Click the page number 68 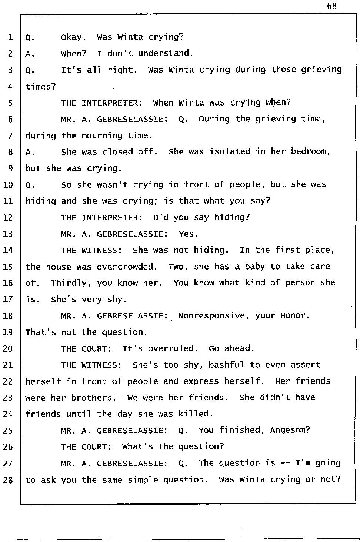332,6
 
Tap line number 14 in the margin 8,251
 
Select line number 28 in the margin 8,480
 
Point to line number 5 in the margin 10,103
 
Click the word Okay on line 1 73,37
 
